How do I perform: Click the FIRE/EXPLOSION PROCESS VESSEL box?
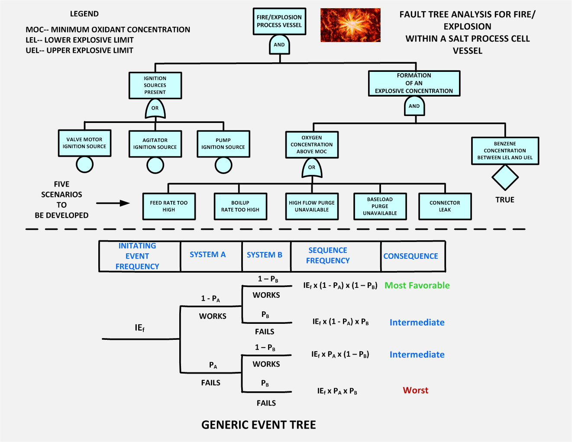pyautogui.click(x=279, y=21)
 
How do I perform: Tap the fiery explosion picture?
pyautogui.click(x=350, y=25)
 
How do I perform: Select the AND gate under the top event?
pyautogui.click(x=279, y=45)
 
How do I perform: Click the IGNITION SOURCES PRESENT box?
pyautogui.click(x=155, y=85)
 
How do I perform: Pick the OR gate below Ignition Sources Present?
pyautogui.click(x=155, y=108)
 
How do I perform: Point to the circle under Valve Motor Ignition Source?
pyautogui.click(x=84, y=165)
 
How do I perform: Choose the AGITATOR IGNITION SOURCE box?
pyautogui.click(x=155, y=144)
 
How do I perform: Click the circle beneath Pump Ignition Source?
pyautogui.click(x=223, y=165)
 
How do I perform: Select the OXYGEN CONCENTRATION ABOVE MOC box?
pyautogui.click(x=312, y=145)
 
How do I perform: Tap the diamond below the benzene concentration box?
pyautogui.click(x=505, y=177)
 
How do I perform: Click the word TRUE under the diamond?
pyautogui.click(x=505, y=200)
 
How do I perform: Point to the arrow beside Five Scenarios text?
pyautogui.click(x=113, y=203)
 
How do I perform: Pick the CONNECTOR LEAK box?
pyautogui.click(x=445, y=206)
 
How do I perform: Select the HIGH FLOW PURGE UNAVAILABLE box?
pyautogui.click(x=312, y=206)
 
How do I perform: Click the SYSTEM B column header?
pyautogui.click(x=265, y=255)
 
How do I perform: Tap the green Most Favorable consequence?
pyautogui.click(x=417, y=285)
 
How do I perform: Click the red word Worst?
pyautogui.click(x=416, y=390)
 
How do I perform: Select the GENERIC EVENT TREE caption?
pyautogui.click(x=259, y=425)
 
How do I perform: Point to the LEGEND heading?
pyautogui.click(x=84, y=14)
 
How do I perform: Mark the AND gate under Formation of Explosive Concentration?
pyautogui.click(x=414, y=106)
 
